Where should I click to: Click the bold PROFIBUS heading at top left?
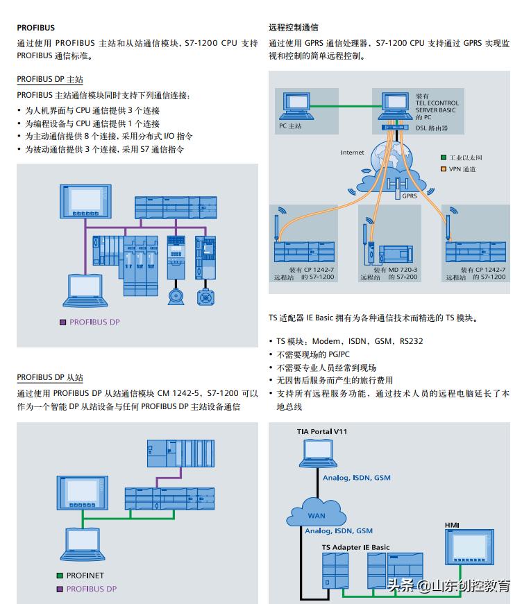[35, 28]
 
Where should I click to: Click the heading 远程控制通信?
[294, 28]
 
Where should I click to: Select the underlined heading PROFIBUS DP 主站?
[49, 80]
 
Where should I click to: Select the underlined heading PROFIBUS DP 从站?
[49, 378]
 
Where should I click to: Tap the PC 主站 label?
[290, 126]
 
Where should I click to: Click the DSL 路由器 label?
[431, 128]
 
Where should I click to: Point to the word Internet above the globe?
[352, 153]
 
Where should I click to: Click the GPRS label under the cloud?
[410, 196]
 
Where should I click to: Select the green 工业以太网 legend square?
[444, 158]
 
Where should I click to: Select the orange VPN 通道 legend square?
[444, 169]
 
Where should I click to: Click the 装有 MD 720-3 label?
[395, 270]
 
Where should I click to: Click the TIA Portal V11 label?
[322, 431]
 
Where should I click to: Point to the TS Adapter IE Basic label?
[355, 547]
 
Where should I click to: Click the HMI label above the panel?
[452, 525]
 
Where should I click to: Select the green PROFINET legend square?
[60, 576]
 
